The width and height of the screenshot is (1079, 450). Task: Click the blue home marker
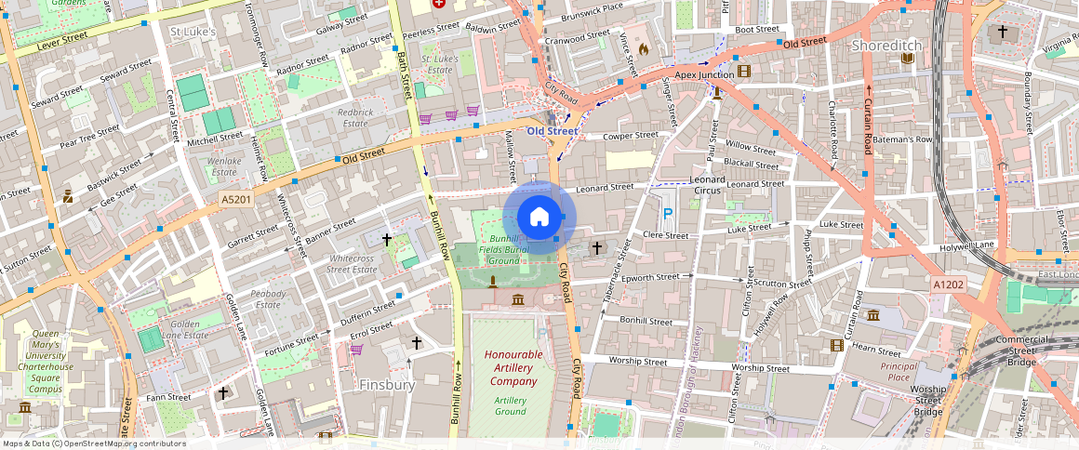point(539,218)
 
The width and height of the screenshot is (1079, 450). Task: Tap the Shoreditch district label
point(888,46)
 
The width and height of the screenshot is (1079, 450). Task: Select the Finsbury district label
point(387,384)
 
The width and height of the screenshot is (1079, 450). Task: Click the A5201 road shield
point(236,200)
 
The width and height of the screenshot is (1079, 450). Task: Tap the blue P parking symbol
point(667,214)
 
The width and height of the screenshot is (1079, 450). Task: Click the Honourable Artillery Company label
point(513,368)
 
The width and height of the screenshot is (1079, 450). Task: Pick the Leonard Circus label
point(710,184)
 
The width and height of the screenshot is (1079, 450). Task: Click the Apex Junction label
point(704,74)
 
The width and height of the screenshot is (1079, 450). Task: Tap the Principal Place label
point(899,371)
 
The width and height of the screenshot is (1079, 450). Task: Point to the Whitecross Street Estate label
point(352,263)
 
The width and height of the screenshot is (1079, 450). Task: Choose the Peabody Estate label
point(268,298)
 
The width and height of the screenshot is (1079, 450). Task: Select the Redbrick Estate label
point(354,117)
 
